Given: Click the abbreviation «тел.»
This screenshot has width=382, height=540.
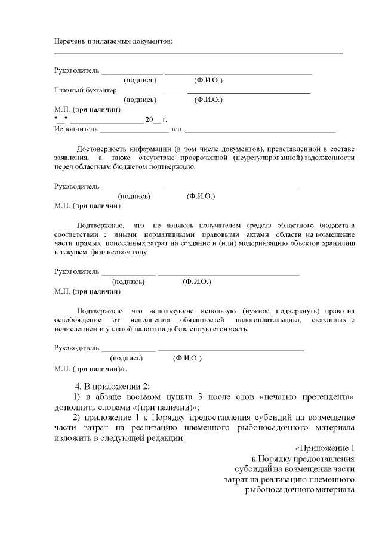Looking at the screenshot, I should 176,128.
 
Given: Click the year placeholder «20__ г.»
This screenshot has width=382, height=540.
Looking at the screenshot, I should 156,119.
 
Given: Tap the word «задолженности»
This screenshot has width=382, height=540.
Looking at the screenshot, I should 329,157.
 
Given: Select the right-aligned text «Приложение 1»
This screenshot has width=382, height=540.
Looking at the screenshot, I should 326,449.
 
